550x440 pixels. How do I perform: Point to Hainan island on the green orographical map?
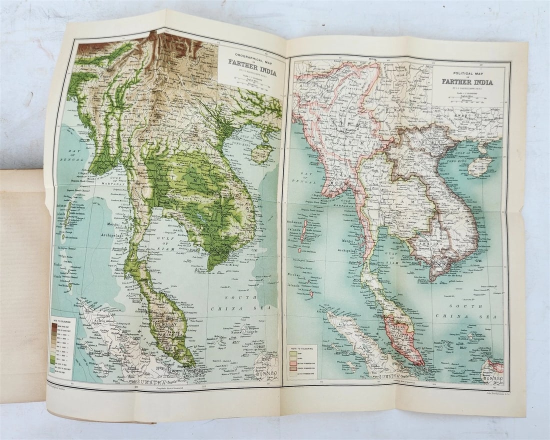tap(261, 153)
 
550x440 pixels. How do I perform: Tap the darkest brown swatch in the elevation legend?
tap(53, 325)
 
